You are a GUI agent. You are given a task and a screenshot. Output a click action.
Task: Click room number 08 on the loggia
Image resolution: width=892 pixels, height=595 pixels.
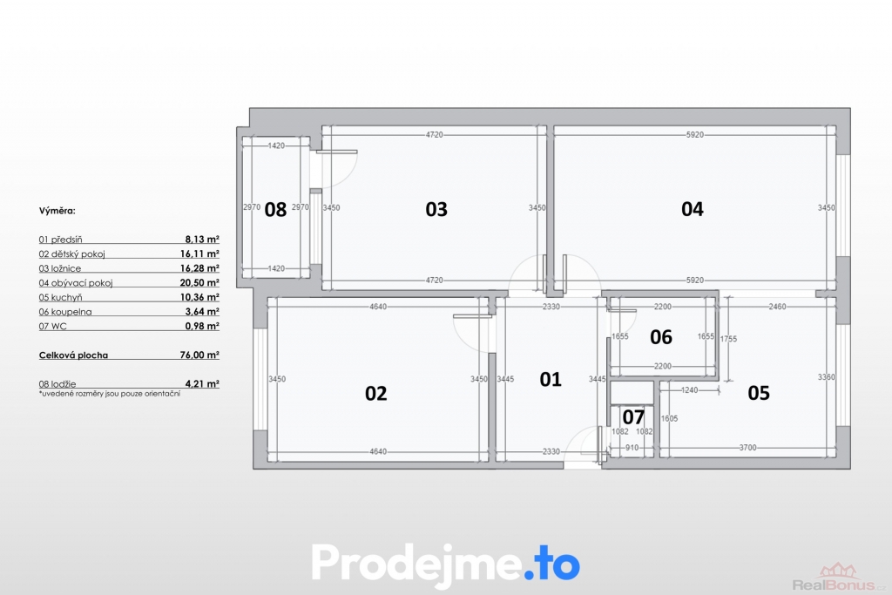click(275, 209)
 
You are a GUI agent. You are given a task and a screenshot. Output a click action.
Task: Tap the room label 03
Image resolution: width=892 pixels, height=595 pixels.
click(436, 209)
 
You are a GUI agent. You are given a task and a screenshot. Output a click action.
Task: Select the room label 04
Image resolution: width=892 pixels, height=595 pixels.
click(693, 209)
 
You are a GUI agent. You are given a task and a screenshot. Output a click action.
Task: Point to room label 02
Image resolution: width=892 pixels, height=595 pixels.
click(376, 393)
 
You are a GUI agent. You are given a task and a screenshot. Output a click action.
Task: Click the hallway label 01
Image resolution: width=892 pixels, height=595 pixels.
click(551, 379)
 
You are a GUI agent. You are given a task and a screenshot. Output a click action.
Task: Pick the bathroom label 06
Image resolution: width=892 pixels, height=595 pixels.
click(661, 337)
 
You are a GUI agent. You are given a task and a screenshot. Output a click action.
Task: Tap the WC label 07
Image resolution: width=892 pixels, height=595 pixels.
click(633, 417)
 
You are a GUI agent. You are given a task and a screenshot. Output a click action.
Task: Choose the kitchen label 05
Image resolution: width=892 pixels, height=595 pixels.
click(759, 393)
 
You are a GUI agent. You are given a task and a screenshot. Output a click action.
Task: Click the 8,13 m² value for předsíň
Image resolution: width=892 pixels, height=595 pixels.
click(202, 240)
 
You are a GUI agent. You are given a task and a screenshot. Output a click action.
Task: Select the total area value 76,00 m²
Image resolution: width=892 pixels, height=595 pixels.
click(199, 355)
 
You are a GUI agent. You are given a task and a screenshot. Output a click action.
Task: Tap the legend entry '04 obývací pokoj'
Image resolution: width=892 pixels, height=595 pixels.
click(76, 283)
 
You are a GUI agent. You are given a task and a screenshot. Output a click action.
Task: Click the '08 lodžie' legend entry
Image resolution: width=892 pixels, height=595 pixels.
click(57, 384)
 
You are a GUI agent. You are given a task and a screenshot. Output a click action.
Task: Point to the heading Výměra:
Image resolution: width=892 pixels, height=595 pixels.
click(57, 211)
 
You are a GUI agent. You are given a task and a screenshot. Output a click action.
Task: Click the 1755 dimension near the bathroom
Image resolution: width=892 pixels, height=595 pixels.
click(728, 339)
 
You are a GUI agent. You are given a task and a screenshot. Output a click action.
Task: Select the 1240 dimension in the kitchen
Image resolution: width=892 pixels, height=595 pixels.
click(690, 390)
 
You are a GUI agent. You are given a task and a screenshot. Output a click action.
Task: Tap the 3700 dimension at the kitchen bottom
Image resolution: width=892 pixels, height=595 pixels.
click(747, 448)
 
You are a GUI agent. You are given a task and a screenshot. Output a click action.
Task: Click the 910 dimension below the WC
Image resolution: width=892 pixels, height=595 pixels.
click(632, 448)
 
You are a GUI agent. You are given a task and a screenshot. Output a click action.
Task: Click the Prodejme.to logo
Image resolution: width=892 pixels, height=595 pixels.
click(445, 563)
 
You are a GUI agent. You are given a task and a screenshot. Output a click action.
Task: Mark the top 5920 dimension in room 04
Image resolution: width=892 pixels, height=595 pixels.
click(694, 135)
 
